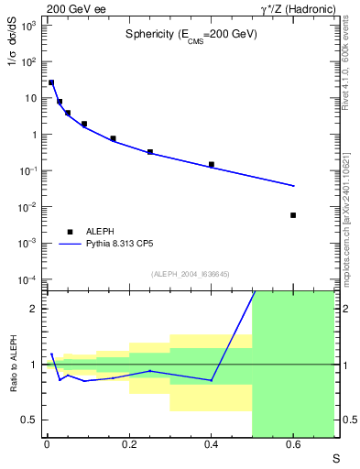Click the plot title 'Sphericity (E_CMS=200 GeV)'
(191, 34)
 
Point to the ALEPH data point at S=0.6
(293, 215)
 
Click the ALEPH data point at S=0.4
(212, 165)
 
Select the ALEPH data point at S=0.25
(150, 152)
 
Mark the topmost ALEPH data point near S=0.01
(51, 82)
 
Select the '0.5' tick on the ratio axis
(30, 420)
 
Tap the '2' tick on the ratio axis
(34, 309)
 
